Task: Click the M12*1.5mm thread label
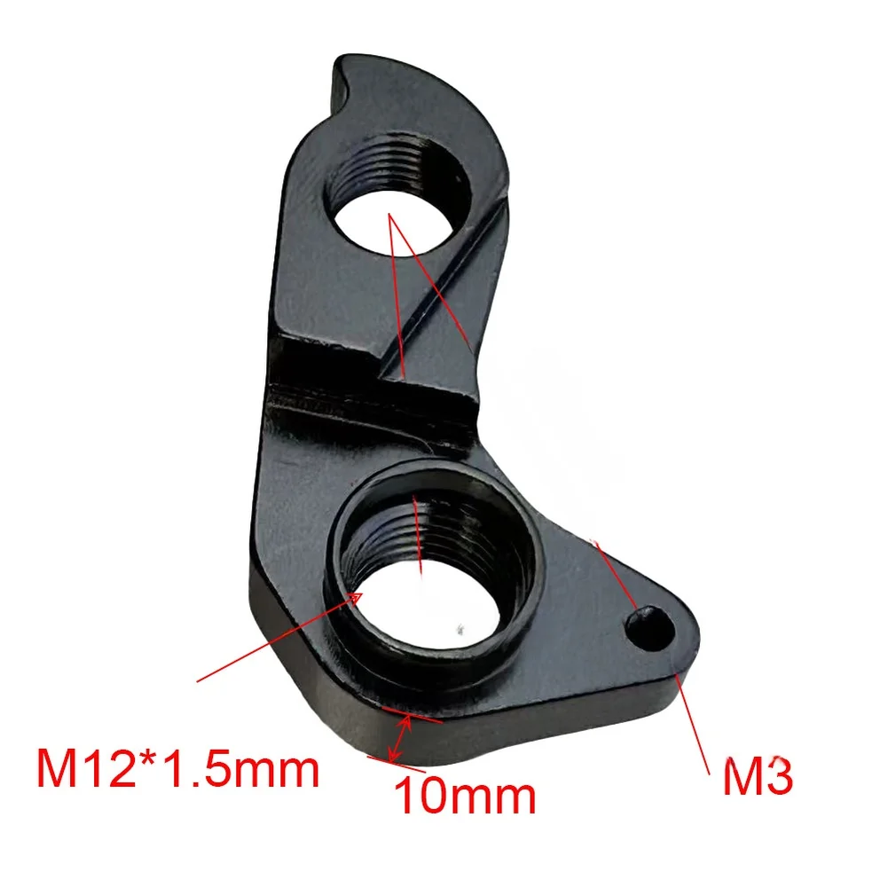pos(177,768)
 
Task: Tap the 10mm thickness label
pos(465,794)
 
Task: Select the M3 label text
pos(757,779)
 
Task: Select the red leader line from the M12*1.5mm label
pos(275,640)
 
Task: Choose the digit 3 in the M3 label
pos(778,779)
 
